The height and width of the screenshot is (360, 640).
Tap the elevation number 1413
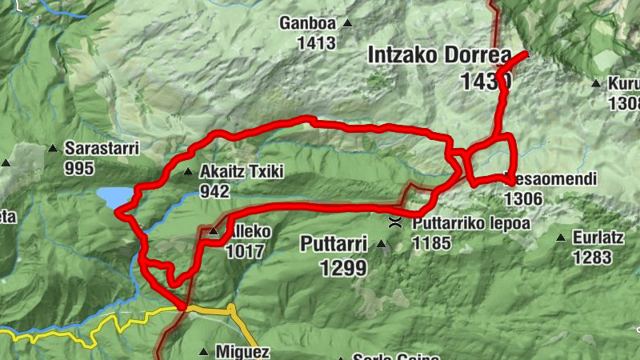316,43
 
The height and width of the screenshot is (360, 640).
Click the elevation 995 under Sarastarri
80,168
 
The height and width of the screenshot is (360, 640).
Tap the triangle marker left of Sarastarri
53,148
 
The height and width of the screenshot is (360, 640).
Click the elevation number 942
215,191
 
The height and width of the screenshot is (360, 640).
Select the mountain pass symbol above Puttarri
394,222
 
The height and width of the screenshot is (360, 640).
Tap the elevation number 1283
592,257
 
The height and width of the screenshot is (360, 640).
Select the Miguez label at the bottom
242,351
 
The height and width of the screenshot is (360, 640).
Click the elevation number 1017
244,251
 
